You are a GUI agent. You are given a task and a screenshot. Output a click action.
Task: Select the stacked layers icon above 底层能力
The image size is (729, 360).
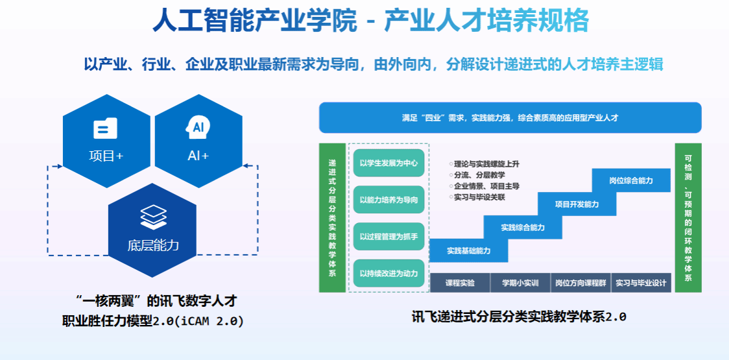click(153, 216)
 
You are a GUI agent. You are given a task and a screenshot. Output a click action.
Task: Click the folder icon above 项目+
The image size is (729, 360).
click(105, 128)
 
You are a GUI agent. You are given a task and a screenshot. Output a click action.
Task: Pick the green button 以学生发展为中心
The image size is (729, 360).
click(388, 163)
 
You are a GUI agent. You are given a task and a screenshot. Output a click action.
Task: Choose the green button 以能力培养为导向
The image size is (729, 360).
click(388, 200)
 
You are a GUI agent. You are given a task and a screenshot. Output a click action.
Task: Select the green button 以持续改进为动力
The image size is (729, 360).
click(388, 273)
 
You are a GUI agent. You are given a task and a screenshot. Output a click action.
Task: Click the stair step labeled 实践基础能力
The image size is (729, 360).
click(468, 250)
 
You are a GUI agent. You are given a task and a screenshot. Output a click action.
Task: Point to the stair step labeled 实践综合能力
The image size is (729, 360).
click(523, 228)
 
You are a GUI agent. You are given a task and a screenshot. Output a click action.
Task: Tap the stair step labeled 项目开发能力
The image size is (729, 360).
click(577, 204)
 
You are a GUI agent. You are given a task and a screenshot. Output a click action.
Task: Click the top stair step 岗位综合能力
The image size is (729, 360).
click(631, 180)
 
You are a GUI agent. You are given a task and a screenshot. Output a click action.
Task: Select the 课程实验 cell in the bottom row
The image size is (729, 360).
click(460, 283)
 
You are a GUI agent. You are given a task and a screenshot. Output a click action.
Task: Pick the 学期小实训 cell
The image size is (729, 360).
click(520, 283)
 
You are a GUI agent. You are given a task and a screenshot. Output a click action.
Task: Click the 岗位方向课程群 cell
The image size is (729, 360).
click(580, 283)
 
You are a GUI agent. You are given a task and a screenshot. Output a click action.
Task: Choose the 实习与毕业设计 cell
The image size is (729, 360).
click(641, 283)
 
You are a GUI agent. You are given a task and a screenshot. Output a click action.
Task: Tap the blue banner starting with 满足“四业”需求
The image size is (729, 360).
click(510, 118)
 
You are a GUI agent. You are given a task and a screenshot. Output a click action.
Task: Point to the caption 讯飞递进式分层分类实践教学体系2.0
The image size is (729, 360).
click(518, 317)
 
